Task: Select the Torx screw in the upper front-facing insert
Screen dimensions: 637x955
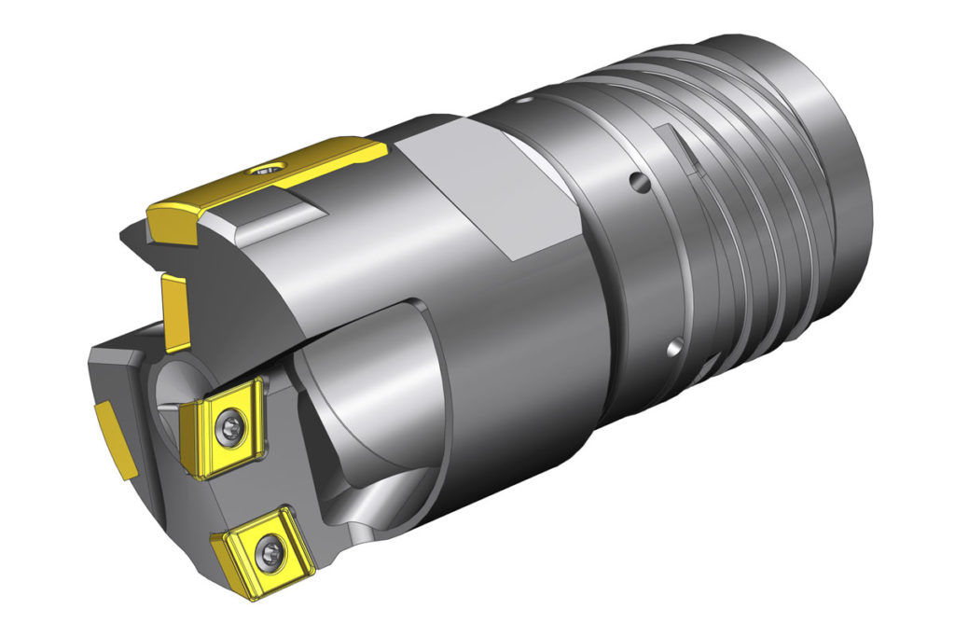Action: [x=230, y=428]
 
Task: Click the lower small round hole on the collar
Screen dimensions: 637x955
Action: [x=671, y=350]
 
